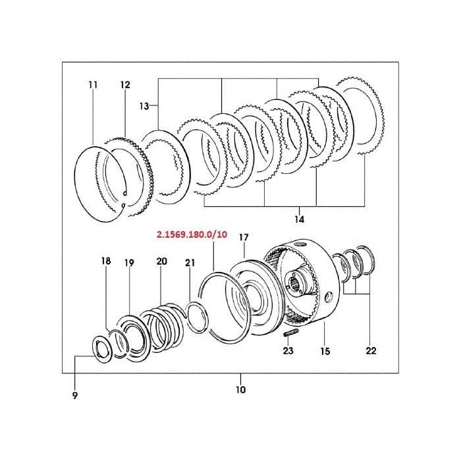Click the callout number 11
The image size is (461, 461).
(x=92, y=85)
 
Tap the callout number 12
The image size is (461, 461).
(x=125, y=85)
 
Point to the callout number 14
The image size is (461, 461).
(x=300, y=218)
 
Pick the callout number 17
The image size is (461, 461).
(x=244, y=237)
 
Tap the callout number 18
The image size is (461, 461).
(x=106, y=261)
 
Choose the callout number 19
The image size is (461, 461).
(x=129, y=263)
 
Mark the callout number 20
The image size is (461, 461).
(x=161, y=261)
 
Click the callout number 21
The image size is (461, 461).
(x=190, y=263)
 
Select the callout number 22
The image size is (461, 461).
(x=371, y=351)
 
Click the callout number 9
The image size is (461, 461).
(x=74, y=395)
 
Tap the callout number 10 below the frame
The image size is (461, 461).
(x=240, y=389)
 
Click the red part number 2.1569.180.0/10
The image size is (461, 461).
(x=192, y=234)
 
